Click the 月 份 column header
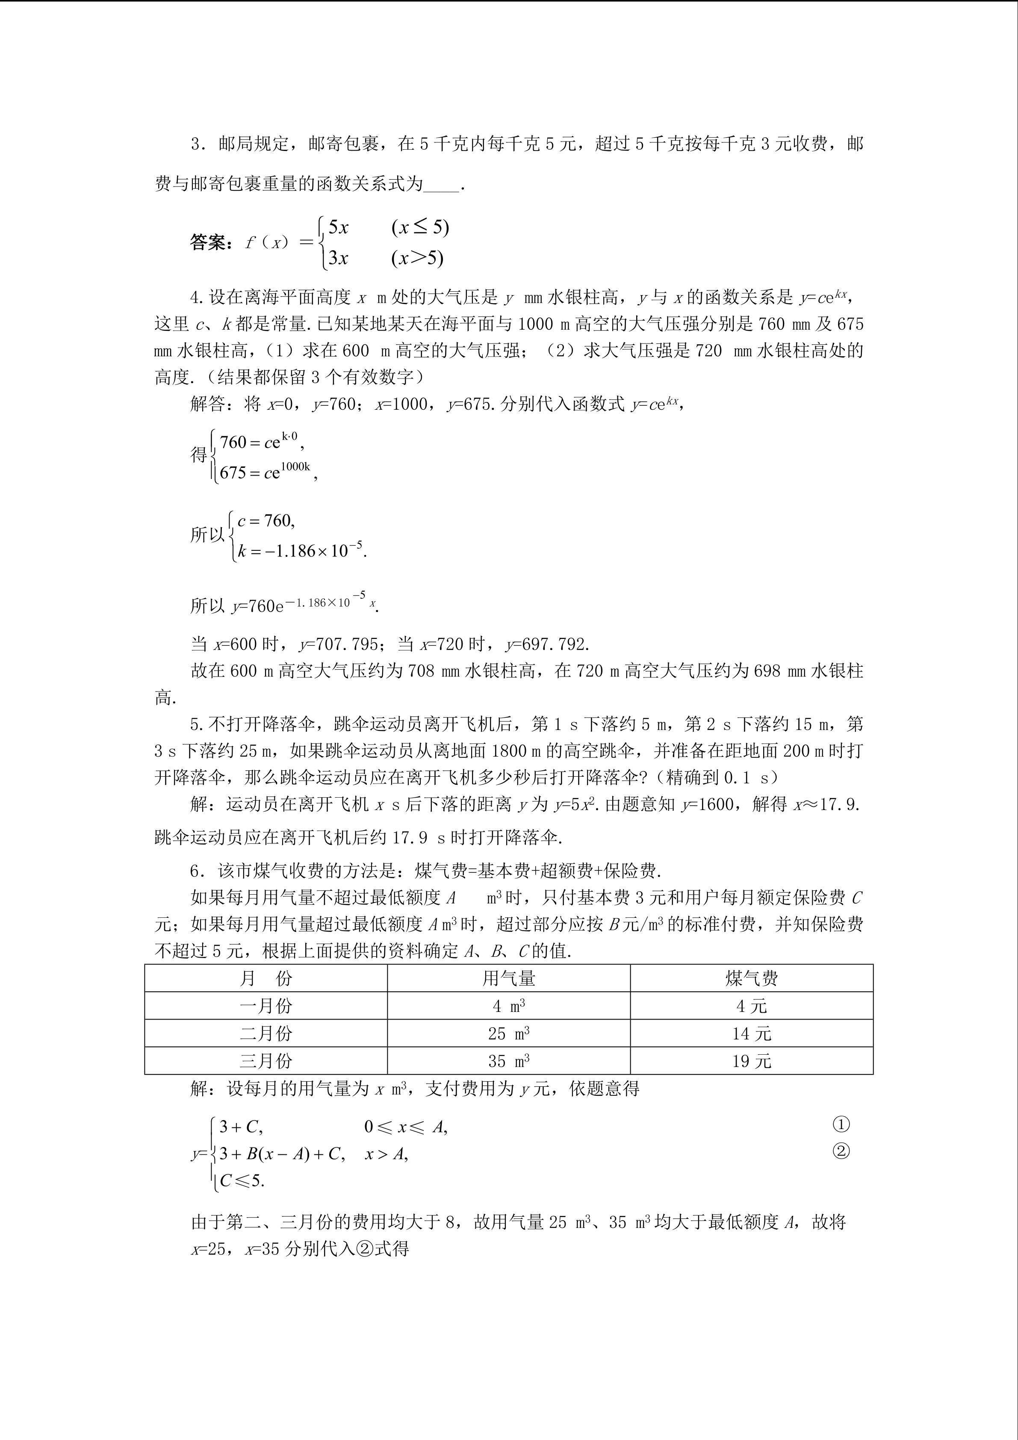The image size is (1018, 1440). (266, 979)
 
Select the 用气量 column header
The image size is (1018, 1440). (508, 979)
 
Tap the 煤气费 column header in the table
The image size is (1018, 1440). (752, 979)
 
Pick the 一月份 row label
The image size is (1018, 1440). (266, 1006)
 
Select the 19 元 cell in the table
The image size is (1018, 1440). (752, 1061)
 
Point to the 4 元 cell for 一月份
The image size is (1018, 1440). (752, 1006)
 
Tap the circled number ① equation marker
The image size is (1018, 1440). (841, 1124)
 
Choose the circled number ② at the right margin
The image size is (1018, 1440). (841, 1151)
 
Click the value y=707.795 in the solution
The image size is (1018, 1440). (339, 644)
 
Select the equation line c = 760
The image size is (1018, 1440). (266, 520)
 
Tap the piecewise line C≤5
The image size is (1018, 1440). (242, 1181)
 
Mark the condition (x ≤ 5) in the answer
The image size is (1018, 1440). (420, 227)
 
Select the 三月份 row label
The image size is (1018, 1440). (266, 1061)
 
